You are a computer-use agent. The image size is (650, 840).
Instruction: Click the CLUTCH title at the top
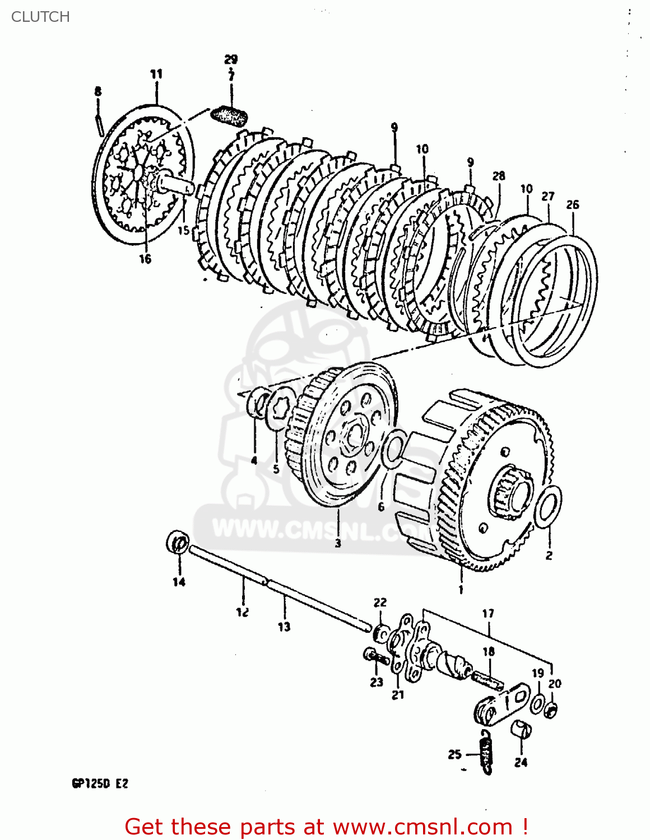40,17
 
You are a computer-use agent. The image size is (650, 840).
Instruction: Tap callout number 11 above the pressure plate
156,73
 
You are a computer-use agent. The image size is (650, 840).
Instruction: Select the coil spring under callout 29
230,116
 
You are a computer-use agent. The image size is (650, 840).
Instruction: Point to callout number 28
498,176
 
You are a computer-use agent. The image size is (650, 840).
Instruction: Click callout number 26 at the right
572,204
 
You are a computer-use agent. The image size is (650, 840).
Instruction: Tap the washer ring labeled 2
547,507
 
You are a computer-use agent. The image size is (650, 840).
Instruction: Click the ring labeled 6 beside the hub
393,449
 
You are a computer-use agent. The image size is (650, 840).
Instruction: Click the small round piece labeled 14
178,543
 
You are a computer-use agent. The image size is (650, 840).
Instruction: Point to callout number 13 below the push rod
284,627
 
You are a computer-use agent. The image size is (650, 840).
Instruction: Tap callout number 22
380,602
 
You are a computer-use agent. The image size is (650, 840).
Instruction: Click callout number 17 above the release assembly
488,613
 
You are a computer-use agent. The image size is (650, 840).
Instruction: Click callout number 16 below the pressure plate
145,259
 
